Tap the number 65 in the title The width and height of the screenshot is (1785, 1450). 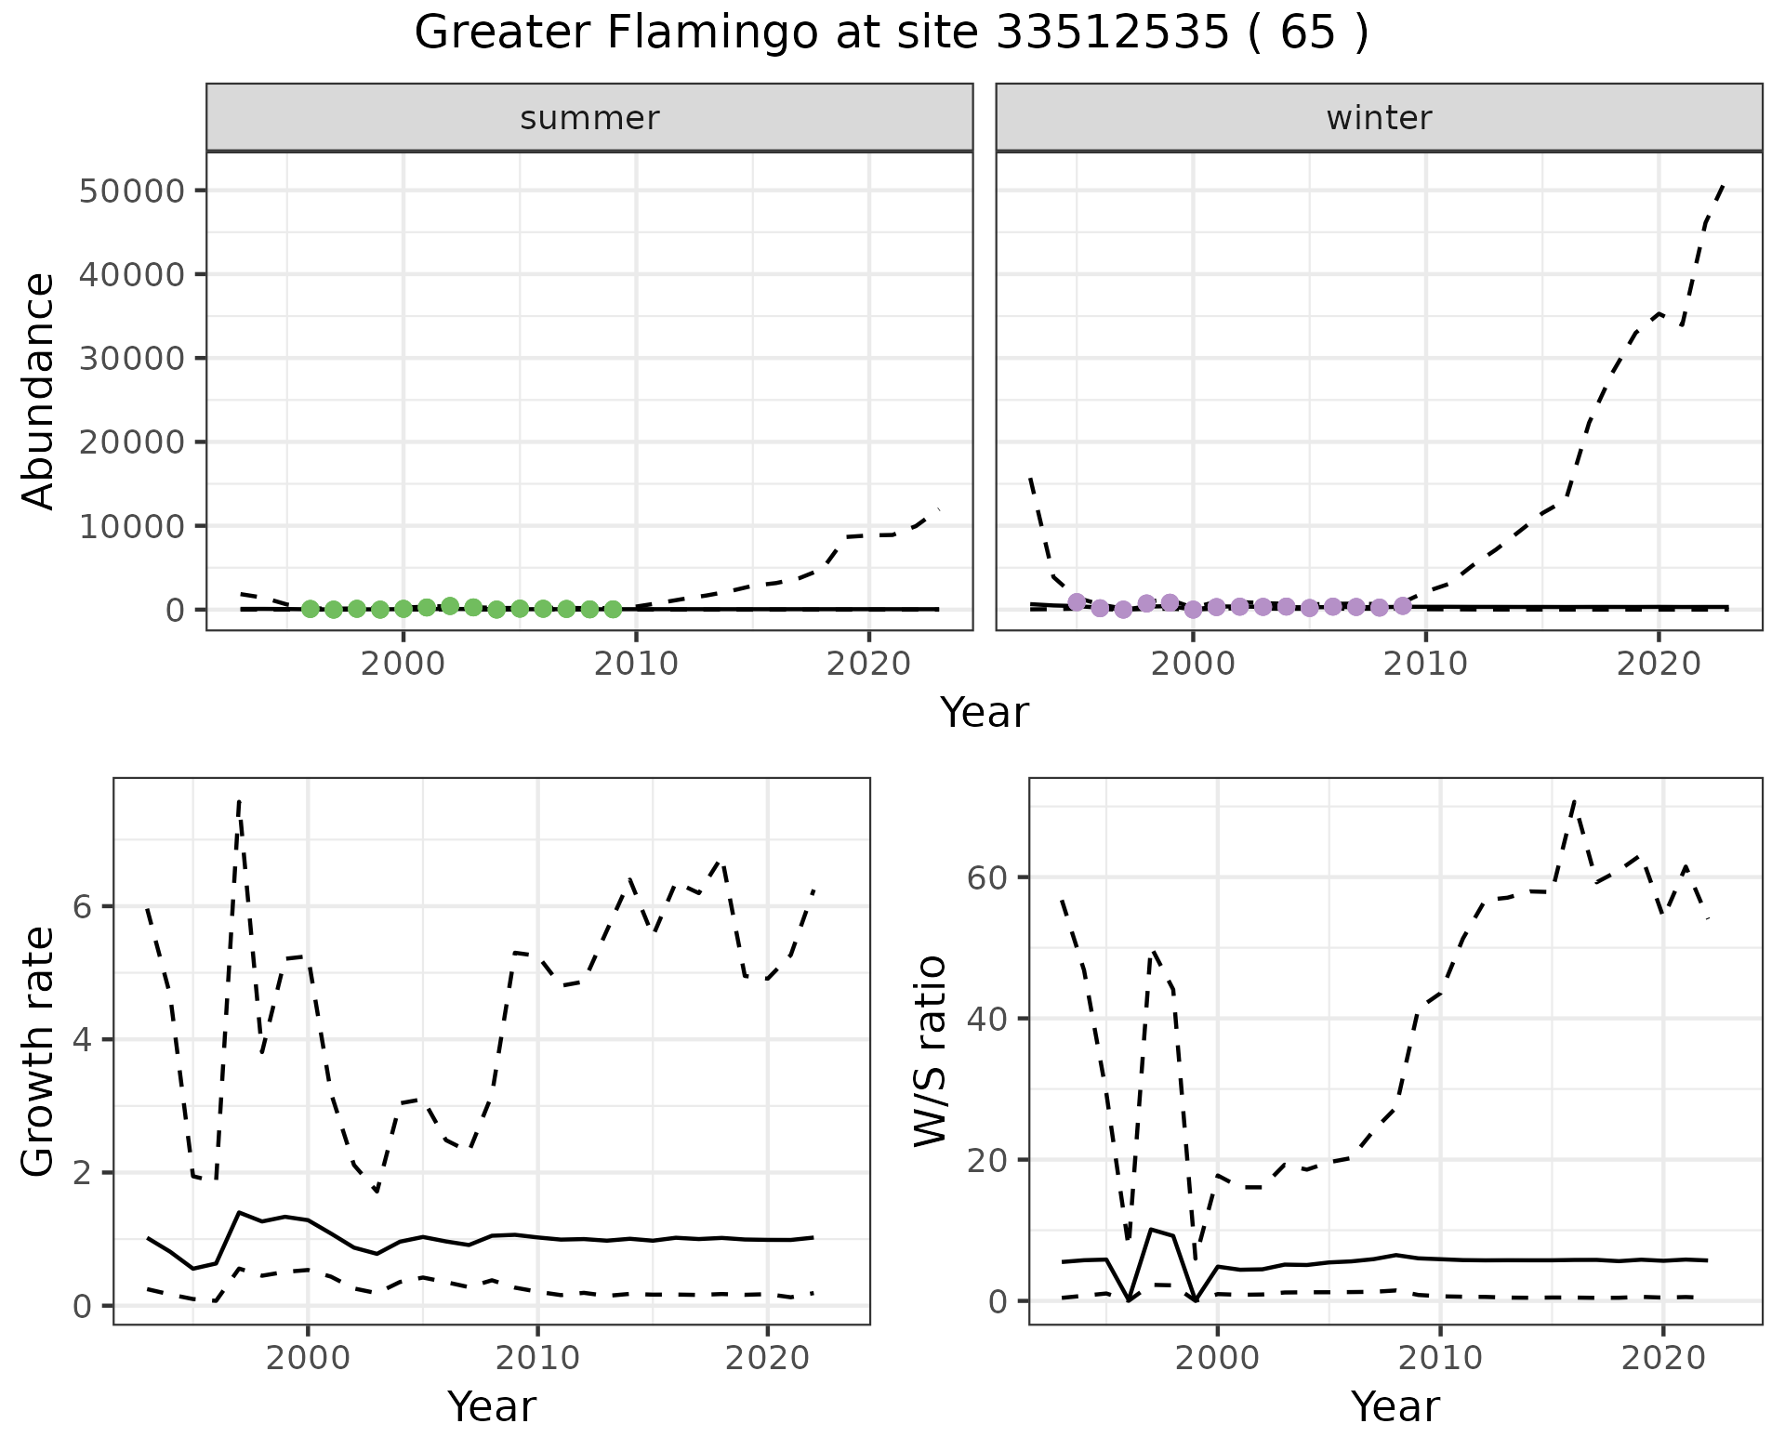click(1308, 33)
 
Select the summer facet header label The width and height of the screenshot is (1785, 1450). click(589, 118)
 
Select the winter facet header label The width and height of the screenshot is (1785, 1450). click(1379, 118)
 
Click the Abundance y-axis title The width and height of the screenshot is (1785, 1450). click(38, 391)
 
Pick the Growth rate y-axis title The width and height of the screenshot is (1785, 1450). click(38, 1052)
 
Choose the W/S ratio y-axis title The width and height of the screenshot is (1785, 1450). click(930, 1052)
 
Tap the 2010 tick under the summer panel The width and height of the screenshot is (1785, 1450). click(637, 664)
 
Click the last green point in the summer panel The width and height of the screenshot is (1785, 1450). click(613, 610)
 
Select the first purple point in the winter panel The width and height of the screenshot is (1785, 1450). click(1077, 601)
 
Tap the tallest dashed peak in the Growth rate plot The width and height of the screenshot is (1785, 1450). click(239, 801)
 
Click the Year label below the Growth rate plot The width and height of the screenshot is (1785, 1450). click(492, 1406)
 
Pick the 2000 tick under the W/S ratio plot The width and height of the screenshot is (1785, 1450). click(1217, 1358)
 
